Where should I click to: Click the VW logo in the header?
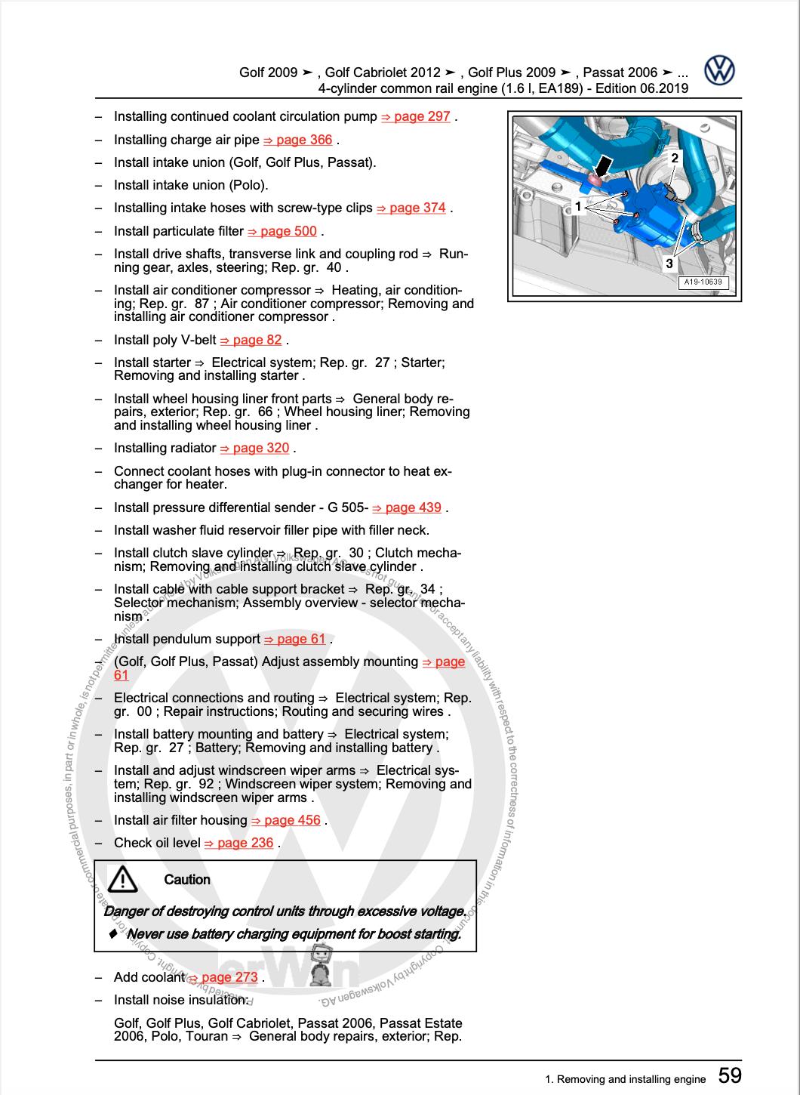tap(719, 71)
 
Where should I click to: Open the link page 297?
tap(416, 116)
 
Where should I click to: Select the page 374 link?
tap(411, 208)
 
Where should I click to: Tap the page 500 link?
tap(282, 231)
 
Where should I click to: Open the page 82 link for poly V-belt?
tap(251, 340)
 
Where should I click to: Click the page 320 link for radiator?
tap(255, 448)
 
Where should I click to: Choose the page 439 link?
tap(408, 507)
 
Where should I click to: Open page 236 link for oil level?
tap(239, 843)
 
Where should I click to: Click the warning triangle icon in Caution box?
tap(122, 879)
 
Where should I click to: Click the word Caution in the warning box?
tap(187, 880)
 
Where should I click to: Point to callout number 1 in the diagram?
tap(577, 206)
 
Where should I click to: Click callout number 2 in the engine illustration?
tap(674, 158)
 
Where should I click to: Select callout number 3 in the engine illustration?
tap(669, 264)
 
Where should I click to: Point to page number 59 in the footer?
tap(730, 1075)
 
